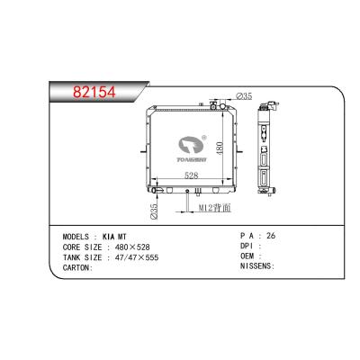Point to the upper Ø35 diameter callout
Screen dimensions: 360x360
(x=243, y=95)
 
